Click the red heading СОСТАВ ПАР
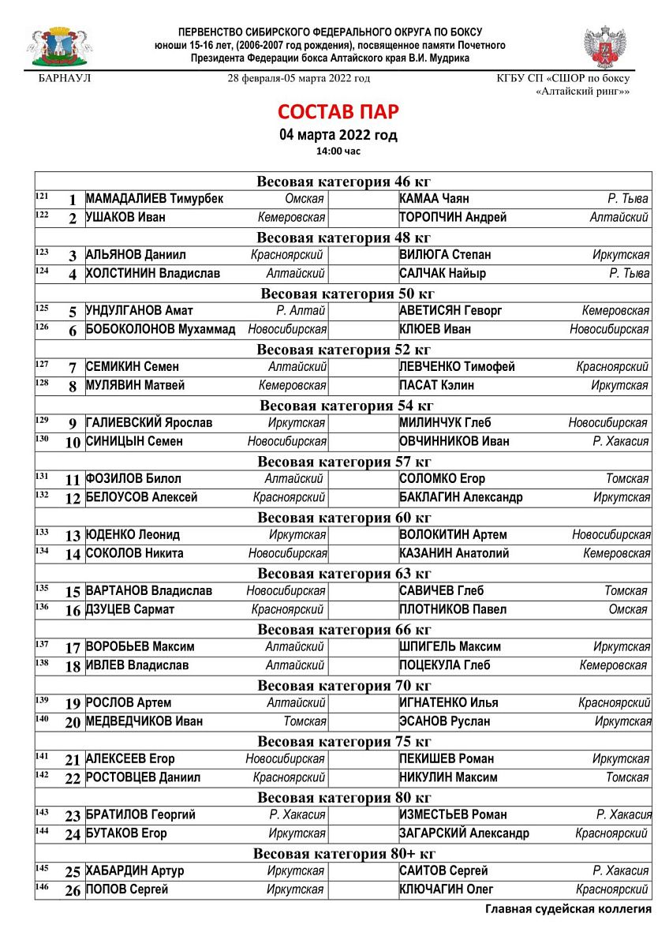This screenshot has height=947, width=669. pos(338,111)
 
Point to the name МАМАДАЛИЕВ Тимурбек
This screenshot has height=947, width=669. pos(155,200)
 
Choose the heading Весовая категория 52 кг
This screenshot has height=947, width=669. pos(344,350)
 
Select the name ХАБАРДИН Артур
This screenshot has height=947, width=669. pos(135,871)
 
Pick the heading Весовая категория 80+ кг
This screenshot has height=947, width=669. pos(344,854)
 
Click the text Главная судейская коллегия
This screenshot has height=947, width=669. pos(568,909)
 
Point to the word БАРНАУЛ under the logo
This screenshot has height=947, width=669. pos(65,79)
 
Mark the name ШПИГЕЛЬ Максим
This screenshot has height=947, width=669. pos(450,647)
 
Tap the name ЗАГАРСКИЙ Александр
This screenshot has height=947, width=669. pos(465,834)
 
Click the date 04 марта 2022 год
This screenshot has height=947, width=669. pos(338,135)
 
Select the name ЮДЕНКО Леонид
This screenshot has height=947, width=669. pos(133,535)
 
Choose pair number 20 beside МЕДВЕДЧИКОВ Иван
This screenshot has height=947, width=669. pos(73,723)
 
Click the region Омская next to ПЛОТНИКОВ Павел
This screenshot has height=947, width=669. pos(629,610)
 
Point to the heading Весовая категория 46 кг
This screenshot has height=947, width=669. pos(344,182)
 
